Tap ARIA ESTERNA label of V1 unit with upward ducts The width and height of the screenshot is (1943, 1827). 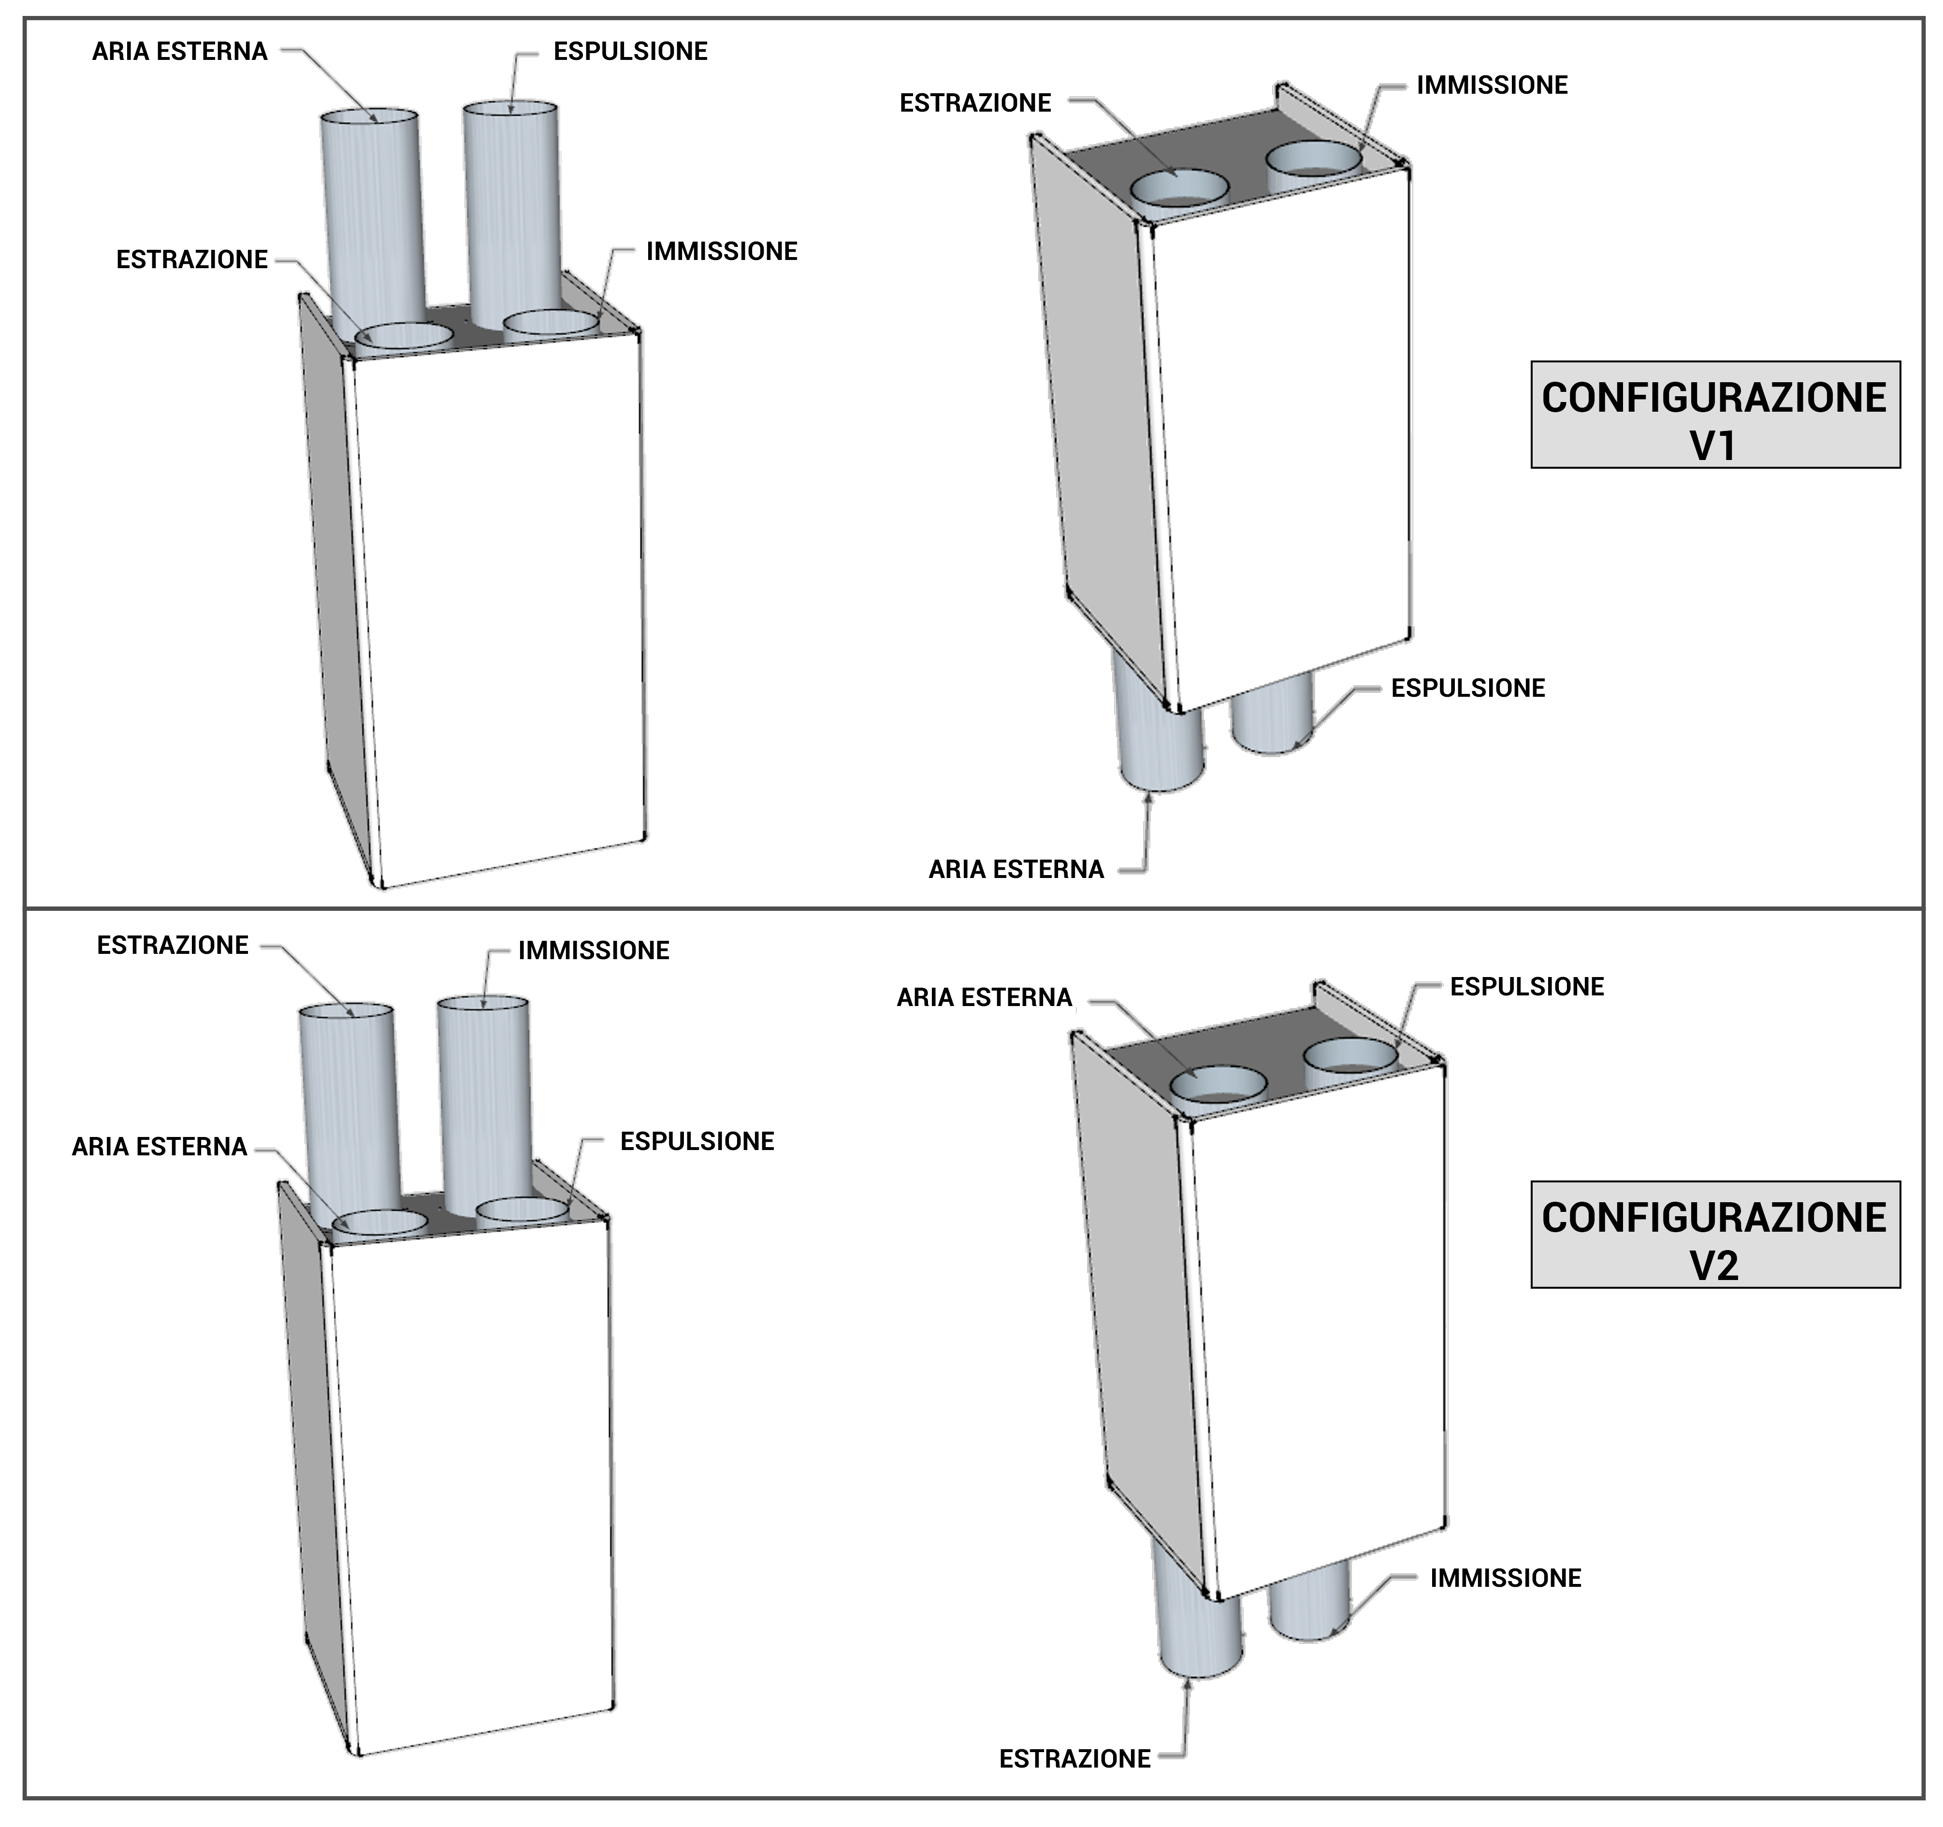(x=180, y=52)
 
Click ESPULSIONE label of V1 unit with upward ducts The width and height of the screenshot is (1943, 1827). (x=630, y=52)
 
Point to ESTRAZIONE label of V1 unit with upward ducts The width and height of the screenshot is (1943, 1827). (x=191, y=260)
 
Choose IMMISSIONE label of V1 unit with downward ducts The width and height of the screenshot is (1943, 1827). (x=1492, y=86)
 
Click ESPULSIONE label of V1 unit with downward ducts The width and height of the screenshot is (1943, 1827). (x=1468, y=689)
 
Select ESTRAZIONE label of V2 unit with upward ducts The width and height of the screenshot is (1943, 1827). (x=173, y=946)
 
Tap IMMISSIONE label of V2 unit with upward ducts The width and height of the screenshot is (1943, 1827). (x=593, y=950)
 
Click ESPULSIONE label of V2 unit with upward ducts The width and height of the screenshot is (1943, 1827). (x=697, y=1141)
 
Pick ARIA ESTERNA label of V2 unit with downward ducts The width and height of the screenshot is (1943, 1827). (x=984, y=997)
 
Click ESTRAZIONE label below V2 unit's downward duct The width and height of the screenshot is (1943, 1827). (x=1074, y=1758)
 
